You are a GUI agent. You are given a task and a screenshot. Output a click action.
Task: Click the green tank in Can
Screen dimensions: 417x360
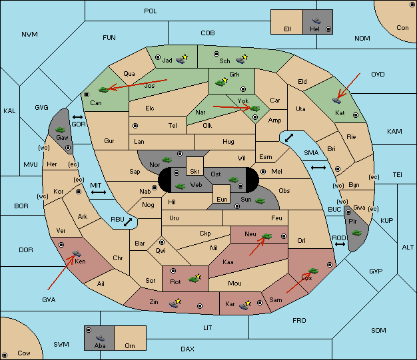coord(104,90)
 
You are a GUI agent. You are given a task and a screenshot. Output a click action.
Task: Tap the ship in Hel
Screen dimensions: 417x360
coord(316,21)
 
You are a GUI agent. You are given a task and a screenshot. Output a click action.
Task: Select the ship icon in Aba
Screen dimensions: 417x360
coord(100,338)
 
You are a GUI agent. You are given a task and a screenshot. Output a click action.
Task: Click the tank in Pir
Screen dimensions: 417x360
coord(356,233)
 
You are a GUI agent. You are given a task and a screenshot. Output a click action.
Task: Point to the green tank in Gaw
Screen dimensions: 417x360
coord(61,129)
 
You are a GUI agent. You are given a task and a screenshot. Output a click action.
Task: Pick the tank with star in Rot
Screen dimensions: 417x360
coord(195,278)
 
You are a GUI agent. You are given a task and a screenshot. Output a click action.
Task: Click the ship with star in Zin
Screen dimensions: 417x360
coord(175,303)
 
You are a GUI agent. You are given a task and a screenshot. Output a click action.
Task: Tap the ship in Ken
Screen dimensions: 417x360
coord(77,253)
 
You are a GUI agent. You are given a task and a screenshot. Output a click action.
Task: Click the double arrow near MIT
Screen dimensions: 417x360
coord(99,192)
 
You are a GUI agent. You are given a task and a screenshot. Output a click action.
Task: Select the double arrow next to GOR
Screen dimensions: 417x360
coord(77,117)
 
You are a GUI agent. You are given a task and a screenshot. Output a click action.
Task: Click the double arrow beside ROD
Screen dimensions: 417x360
coord(340,244)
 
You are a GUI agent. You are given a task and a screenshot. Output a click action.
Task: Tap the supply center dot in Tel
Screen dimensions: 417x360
coord(135,126)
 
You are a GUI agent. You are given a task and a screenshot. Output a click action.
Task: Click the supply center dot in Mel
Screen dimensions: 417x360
coord(263,172)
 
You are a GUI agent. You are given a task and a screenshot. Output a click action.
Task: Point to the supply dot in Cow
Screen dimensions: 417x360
coord(5,355)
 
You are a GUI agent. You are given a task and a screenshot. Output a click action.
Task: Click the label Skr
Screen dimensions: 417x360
coord(195,172)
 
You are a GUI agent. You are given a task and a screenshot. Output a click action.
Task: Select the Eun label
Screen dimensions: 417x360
coord(222,199)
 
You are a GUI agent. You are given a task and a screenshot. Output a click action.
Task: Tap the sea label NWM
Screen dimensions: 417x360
coord(29,35)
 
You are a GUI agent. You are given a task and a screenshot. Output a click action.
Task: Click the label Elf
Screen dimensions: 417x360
coord(288,29)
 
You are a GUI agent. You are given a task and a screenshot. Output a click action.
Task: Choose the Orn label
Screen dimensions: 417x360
coord(130,345)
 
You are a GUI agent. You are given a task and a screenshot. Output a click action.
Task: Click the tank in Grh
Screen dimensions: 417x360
coord(221,83)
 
